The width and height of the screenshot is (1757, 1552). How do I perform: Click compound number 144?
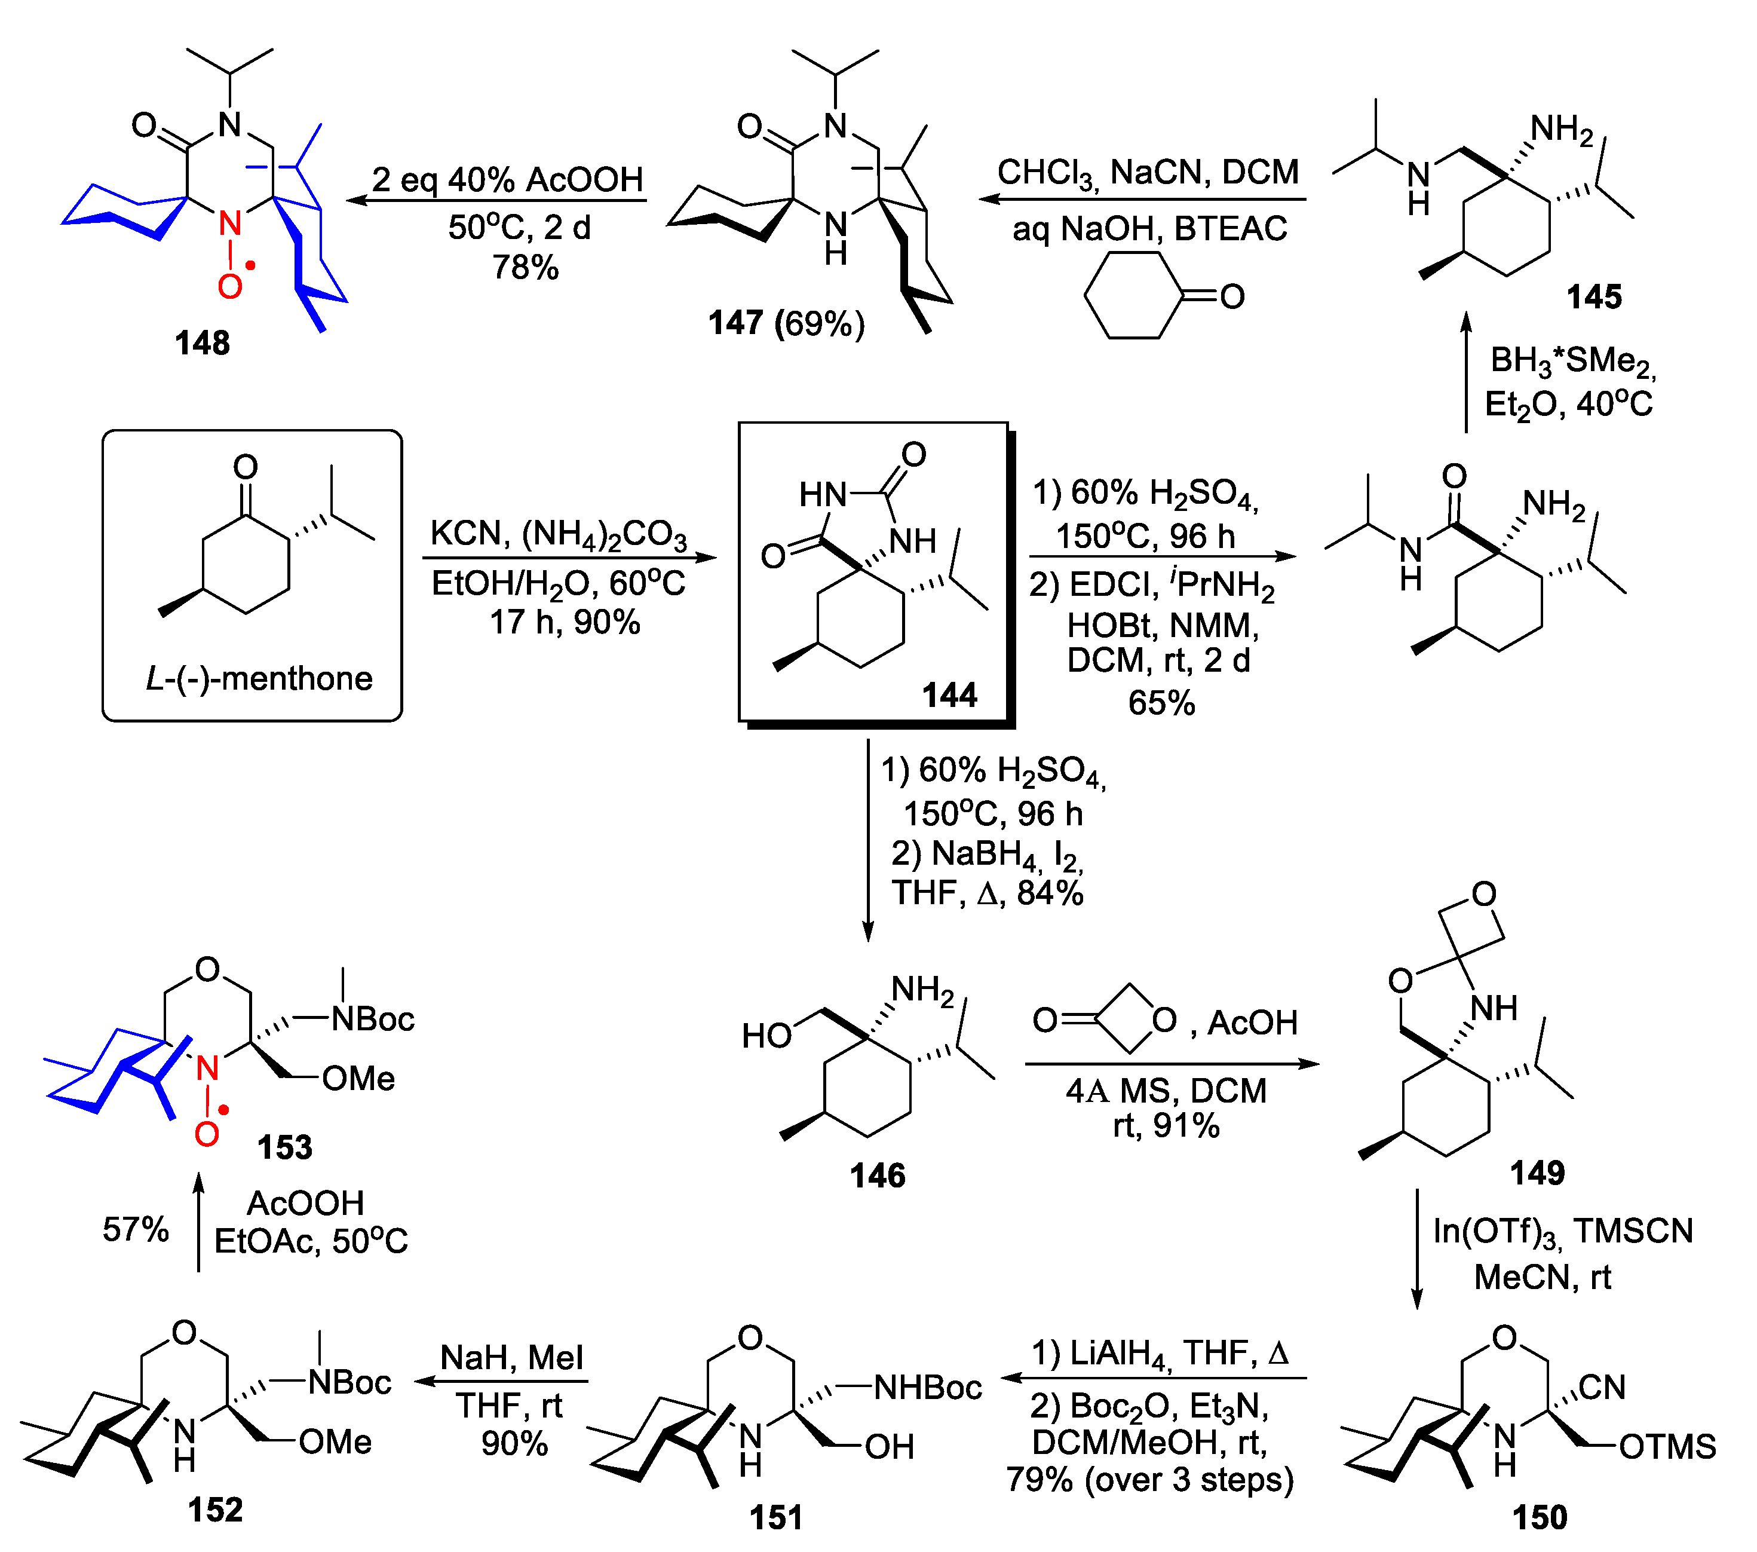pyautogui.click(x=949, y=695)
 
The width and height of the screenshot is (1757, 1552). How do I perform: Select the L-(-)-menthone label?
pyautogui.click(x=259, y=679)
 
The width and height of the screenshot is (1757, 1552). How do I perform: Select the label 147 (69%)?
pyautogui.click(x=786, y=323)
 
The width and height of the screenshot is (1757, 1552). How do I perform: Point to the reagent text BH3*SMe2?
pyautogui.click(x=1572, y=361)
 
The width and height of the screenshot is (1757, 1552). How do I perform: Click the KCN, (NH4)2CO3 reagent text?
pyautogui.click(x=559, y=534)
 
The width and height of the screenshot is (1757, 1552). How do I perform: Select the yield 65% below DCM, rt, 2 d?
pyautogui.click(x=1161, y=702)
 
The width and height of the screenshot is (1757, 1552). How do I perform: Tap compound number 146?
pyautogui.click(x=877, y=1176)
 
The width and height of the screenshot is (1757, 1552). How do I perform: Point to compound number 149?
pyautogui.click(x=1537, y=1173)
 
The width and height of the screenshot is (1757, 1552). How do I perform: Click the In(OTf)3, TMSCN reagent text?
pyautogui.click(x=1562, y=1231)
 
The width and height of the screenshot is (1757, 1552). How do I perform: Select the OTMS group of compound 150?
pyautogui.click(x=1667, y=1447)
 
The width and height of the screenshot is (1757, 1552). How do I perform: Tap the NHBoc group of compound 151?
pyautogui.click(x=928, y=1388)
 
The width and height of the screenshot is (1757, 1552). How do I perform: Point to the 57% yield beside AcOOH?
pyautogui.click(x=135, y=1229)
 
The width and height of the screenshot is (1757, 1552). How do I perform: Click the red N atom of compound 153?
pyautogui.click(x=207, y=1069)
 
